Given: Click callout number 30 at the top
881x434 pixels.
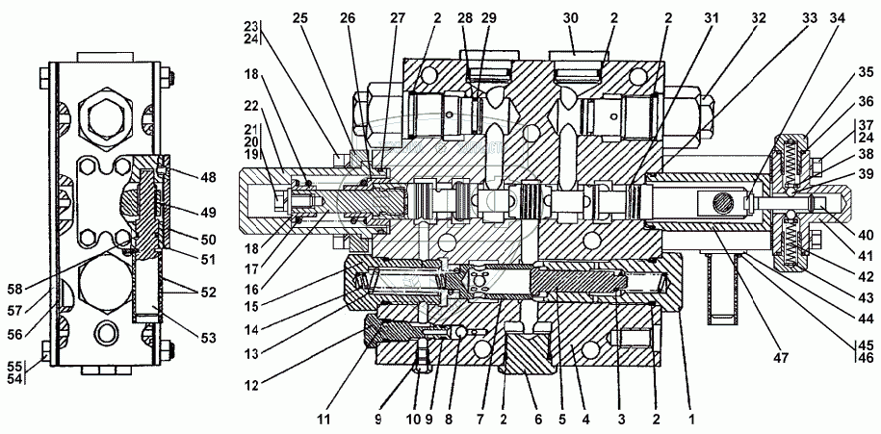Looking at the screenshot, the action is tap(570, 18).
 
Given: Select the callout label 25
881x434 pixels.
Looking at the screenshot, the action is tap(300, 18).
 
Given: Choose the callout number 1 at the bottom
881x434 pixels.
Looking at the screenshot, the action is tap(691, 419).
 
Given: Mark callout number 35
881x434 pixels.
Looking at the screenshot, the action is tap(865, 72).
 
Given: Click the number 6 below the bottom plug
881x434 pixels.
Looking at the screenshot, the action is tap(538, 419).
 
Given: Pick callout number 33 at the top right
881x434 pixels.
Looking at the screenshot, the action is tap(809, 18).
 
